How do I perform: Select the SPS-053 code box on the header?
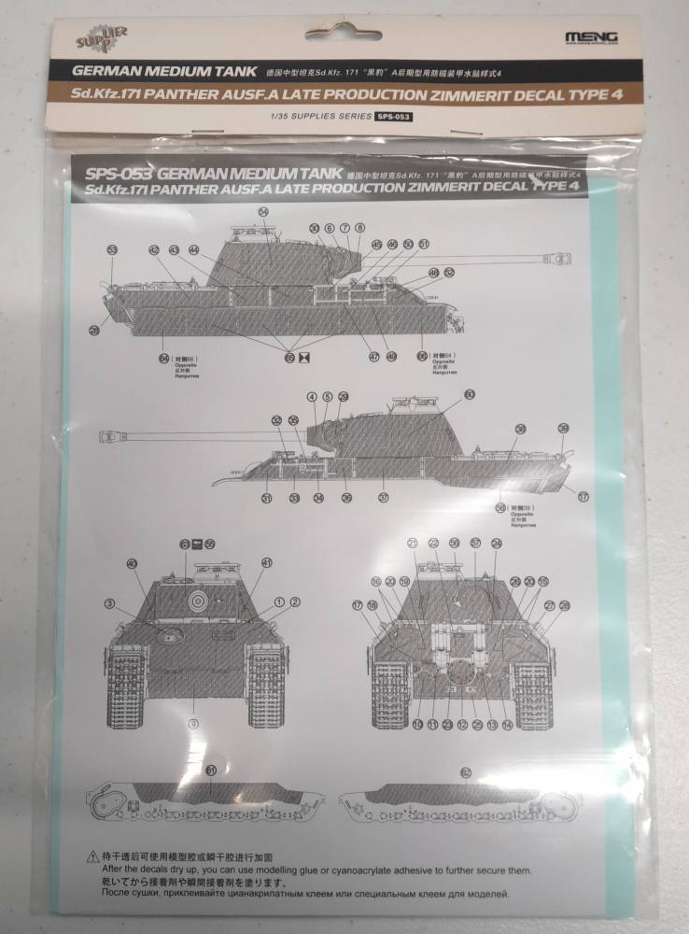[x=393, y=117]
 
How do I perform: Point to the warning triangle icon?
[x=91, y=854]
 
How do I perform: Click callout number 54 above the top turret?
[x=264, y=213]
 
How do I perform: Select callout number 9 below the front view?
[x=194, y=723]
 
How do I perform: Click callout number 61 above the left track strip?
[x=211, y=771]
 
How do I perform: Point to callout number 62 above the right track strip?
[x=466, y=771]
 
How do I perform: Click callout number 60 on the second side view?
[x=469, y=395]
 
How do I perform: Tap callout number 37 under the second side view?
[x=383, y=498]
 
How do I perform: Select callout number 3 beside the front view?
[x=109, y=602]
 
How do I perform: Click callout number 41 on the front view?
[x=267, y=562]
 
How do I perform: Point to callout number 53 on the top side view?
[x=112, y=249]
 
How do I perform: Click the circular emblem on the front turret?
[x=196, y=602]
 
